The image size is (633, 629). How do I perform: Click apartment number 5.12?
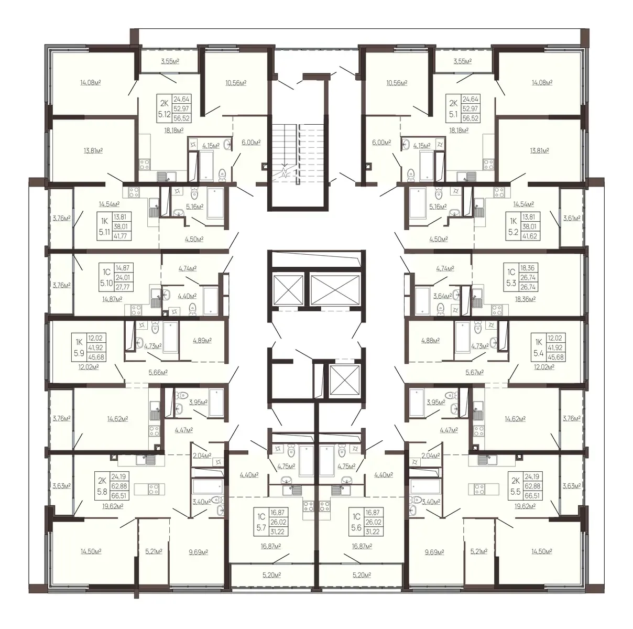[164, 114]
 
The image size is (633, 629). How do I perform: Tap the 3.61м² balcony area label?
[572, 218]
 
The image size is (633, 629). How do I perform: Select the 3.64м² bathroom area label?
[442, 296]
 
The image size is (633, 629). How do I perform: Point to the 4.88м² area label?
[430, 341]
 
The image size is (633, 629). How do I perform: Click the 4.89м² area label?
[202, 341]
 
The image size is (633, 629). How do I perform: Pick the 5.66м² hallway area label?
[158, 372]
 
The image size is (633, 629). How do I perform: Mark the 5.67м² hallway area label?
[474, 372]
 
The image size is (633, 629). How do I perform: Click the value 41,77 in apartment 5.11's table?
[121, 236]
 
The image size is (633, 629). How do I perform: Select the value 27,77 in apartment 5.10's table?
[123, 287]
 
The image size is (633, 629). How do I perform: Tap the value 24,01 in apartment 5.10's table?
[123, 277]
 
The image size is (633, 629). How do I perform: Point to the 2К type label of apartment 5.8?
[102, 481]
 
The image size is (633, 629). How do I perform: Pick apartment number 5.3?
[511, 283]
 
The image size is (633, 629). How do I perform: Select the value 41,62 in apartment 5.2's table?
[530, 236]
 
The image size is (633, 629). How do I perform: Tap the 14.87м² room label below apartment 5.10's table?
[112, 299]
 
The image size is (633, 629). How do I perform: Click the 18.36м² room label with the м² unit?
[526, 299]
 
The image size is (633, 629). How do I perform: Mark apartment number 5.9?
[79, 353]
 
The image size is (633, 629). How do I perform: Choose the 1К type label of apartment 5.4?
[539, 342]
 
